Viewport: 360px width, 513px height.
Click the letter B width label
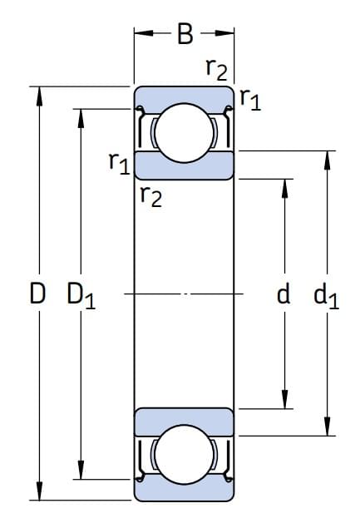(x=185, y=34)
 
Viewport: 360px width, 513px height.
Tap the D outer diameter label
(x=37, y=293)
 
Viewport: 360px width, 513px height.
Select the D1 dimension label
(x=81, y=295)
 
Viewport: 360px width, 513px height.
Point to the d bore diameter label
(x=284, y=293)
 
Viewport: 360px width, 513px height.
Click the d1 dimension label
(x=326, y=295)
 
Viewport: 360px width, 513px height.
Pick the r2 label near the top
(x=217, y=69)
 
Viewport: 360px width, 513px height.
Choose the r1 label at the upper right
(x=250, y=100)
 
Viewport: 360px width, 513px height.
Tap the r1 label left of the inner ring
(x=120, y=163)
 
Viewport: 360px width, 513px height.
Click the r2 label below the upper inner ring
(x=150, y=196)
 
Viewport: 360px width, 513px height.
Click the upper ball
(x=184, y=133)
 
